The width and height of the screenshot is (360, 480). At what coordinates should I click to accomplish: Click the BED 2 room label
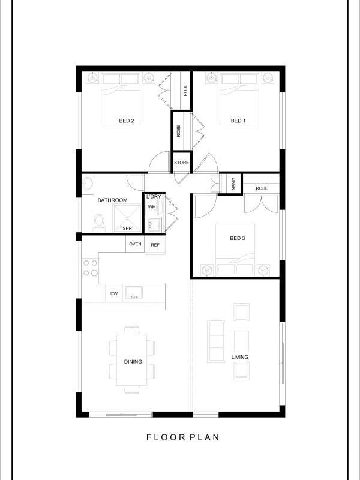(x=127, y=121)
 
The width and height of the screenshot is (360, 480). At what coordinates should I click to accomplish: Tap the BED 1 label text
(x=238, y=121)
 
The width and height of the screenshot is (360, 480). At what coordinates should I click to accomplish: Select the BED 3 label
(x=237, y=238)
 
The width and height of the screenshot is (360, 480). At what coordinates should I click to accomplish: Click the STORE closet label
(x=182, y=163)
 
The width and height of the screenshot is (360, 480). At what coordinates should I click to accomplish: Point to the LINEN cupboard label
(x=233, y=184)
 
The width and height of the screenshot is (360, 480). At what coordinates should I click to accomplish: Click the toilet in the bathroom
(x=99, y=223)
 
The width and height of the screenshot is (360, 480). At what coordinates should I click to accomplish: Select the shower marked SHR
(x=127, y=218)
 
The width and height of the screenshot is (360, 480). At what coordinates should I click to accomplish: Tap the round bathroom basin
(x=88, y=184)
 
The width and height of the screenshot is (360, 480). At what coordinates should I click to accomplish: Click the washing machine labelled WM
(x=152, y=207)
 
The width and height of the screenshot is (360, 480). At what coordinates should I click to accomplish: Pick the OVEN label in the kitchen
(x=135, y=244)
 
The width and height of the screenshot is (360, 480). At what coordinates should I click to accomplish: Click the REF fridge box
(x=155, y=245)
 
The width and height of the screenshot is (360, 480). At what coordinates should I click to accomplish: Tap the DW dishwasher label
(x=114, y=293)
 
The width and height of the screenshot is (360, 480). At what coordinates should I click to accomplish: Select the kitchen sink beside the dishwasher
(x=133, y=292)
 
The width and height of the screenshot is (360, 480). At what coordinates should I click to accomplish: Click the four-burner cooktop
(x=91, y=268)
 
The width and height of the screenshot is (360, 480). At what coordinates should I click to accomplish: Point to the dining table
(x=132, y=359)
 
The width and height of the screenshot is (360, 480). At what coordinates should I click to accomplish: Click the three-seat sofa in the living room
(x=216, y=341)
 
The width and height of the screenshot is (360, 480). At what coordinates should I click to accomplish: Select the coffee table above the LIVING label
(x=242, y=341)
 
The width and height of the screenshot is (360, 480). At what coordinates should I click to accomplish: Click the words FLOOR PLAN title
(x=183, y=437)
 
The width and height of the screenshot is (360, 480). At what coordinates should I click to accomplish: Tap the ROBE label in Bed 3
(x=262, y=188)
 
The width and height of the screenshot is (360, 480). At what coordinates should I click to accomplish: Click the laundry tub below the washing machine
(x=152, y=224)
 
